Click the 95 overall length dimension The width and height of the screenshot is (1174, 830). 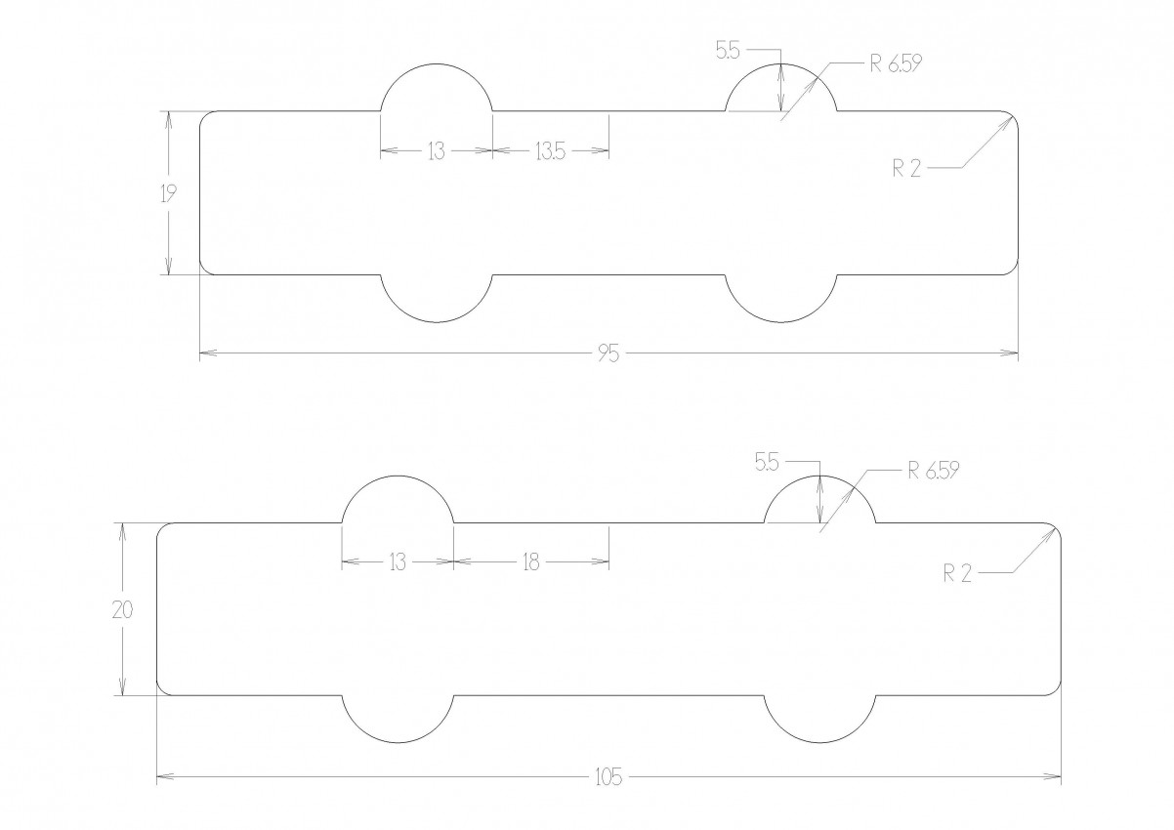pos(608,354)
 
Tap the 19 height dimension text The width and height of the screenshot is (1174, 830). pos(169,194)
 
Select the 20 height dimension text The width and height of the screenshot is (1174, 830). pos(123,609)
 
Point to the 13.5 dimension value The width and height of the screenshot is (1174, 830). pos(551,151)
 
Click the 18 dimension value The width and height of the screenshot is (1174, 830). pos(531,562)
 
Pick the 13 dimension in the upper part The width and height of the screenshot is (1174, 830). pos(436,151)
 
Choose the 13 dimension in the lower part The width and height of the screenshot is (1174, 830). pos(398,562)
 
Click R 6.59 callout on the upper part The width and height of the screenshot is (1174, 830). pos(896,63)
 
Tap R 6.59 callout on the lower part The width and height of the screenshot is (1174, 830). pos(934,471)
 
